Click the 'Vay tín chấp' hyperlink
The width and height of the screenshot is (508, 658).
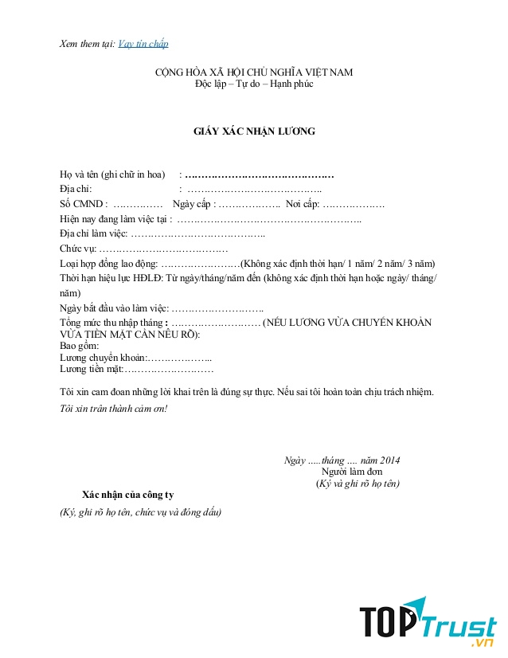click(143, 44)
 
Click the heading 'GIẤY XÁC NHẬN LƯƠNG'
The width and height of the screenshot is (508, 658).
click(255, 131)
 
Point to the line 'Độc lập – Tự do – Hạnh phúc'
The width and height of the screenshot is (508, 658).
click(254, 84)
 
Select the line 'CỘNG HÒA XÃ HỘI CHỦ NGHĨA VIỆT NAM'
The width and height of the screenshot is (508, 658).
click(254, 72)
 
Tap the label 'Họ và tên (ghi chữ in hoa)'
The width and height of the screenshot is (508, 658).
click(111, 174)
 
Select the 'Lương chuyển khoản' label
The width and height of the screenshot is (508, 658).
click(103, 358)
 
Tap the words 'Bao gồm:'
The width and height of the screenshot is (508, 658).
click(80, 347)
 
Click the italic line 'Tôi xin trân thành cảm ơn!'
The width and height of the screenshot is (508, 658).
click(113, 409)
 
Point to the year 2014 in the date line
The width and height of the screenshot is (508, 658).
click(390, 460)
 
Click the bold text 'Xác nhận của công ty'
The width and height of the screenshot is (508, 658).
click(127, 495)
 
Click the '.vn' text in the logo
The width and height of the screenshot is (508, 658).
click(483, 642)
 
